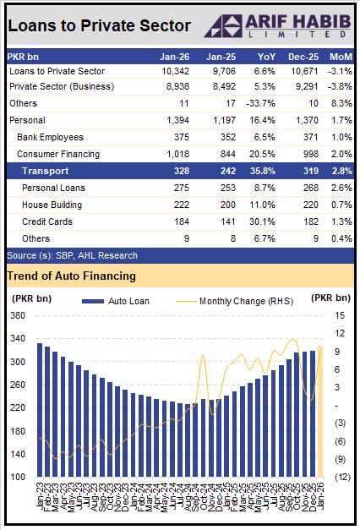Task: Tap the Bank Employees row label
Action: pos(49,137)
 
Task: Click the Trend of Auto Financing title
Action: pos(72,276)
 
